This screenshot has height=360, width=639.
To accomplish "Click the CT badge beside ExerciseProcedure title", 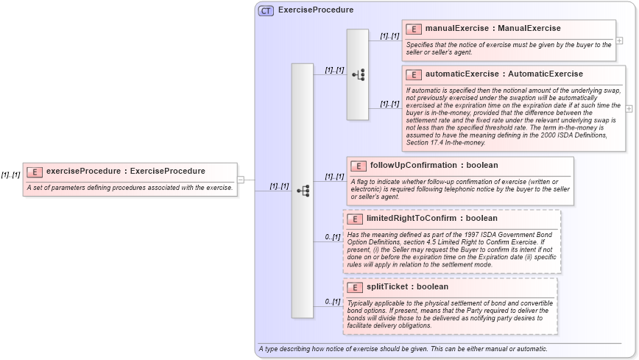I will pos(266,10).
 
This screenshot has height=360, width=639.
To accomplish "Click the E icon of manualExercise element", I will pos(414,29).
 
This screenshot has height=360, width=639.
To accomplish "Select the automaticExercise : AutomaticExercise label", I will pos(504,74).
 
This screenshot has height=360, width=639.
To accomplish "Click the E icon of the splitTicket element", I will pos(354,287).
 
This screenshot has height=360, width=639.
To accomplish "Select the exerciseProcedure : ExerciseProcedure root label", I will pos(125,172).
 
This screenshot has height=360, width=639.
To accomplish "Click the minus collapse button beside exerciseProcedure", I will pos(241,179).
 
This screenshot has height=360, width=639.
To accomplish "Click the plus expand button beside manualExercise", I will pos(620,40).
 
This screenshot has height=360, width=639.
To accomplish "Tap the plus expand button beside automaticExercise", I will pos(629,108).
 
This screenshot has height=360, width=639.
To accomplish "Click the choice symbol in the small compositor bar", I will pos(358,74).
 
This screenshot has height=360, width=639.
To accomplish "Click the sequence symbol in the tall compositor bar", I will pos(303,191).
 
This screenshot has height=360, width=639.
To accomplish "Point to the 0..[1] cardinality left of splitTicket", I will pos(333,302).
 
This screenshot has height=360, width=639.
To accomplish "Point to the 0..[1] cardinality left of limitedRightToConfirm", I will pos(333,237).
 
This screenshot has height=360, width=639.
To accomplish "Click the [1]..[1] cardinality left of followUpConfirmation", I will pos(334,177).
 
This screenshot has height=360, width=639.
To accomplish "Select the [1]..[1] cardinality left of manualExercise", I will pos(389,35).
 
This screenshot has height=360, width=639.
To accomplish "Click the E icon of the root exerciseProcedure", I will pos(35,172).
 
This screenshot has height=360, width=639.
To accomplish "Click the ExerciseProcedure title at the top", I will pos(315,10).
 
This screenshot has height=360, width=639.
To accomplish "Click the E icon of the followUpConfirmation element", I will pos(359,166).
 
